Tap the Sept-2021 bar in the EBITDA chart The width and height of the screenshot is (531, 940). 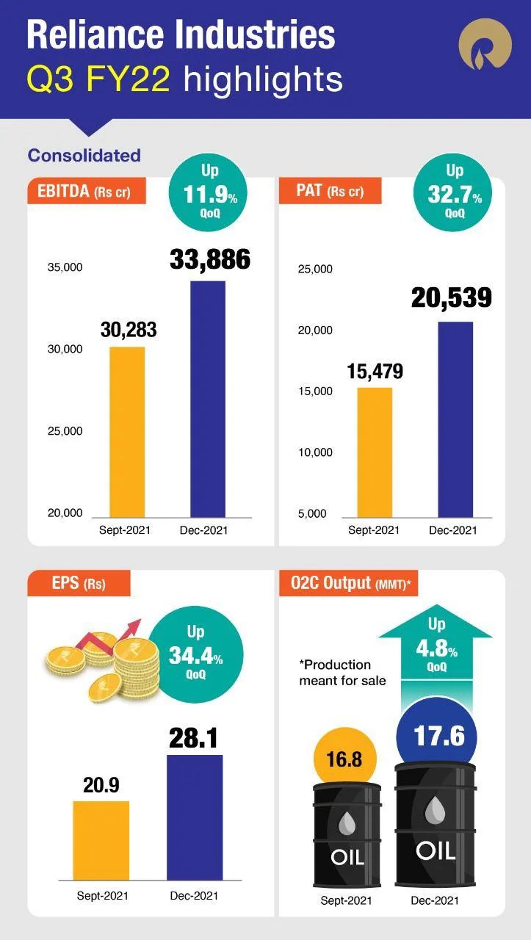(127, 432)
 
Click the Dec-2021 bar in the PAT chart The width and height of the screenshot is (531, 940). (455, 419)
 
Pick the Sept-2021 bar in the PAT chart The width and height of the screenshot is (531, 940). (375, 452)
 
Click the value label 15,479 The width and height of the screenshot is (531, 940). (375, 372)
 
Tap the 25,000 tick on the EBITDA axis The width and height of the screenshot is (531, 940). (65, 431)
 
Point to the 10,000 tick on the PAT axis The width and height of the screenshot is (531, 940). (315, 452)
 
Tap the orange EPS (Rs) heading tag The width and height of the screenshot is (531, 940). (79, 585)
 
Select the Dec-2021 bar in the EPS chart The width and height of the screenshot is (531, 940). (195, 817)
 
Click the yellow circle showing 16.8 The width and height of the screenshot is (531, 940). (344, 759)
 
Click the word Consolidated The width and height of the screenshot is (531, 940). (84, 156)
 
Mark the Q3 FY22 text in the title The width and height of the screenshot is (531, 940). (98, 79)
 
